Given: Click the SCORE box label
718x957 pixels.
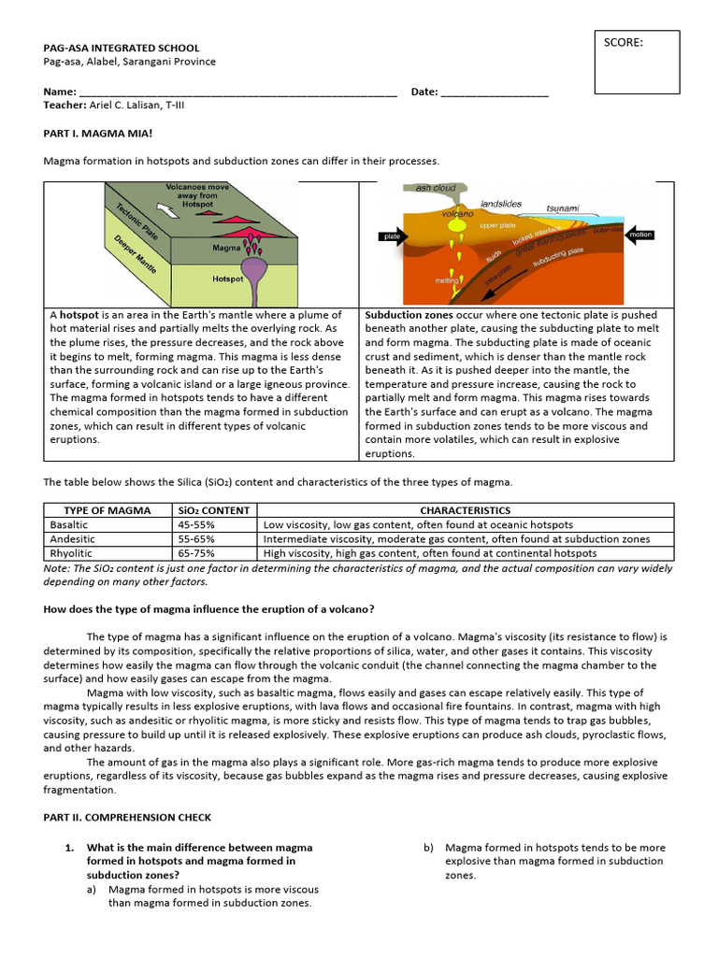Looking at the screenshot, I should click(x=624, y=42).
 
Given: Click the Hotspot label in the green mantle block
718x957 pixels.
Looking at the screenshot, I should click(x=227, y=279).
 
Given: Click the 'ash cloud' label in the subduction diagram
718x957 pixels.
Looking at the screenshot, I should click(x=436, y=188).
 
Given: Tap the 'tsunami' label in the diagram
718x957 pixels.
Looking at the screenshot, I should click(x=563, y=207).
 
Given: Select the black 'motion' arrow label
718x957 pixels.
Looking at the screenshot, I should click(x=640, y=235).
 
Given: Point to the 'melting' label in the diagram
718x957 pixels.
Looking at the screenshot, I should click(x=446, y=279).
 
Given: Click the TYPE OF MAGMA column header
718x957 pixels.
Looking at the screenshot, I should click(x=107, y=510).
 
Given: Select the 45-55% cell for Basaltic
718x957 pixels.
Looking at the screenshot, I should click(x=196, y=524).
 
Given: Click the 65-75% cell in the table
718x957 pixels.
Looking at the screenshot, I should click(x=196, y=552).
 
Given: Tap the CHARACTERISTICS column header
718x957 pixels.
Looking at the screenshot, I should click(x=466, y=510).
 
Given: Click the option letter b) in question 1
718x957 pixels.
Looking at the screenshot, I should click(x=428, y=848).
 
